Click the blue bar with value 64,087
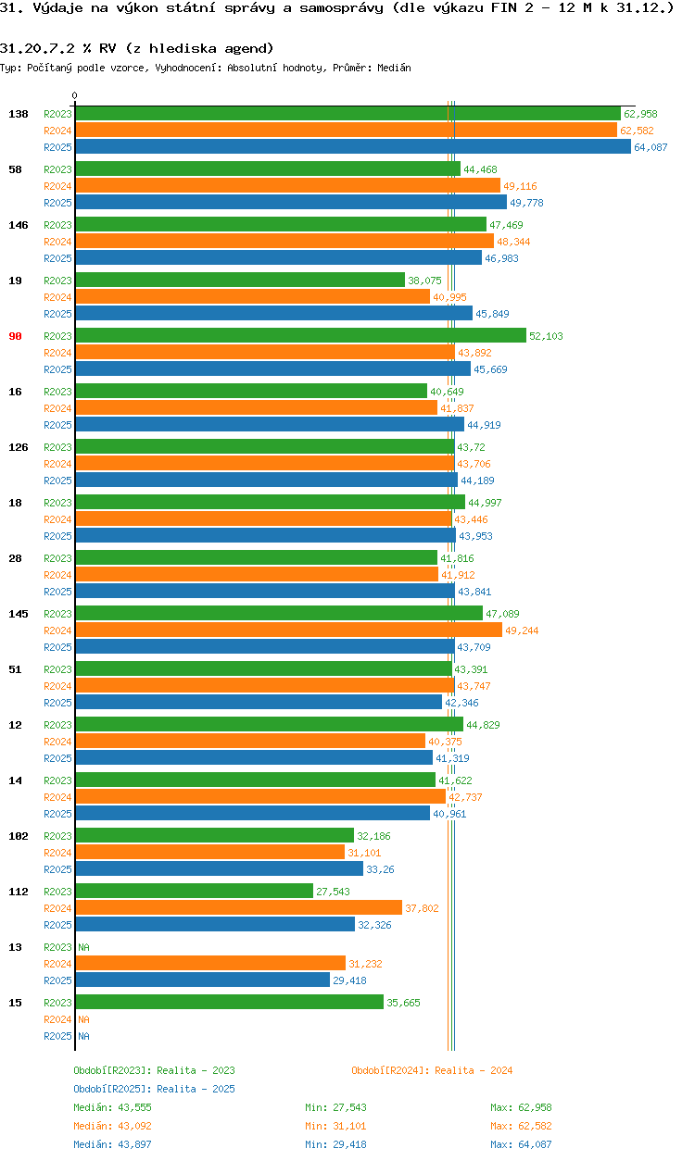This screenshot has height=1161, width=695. (x=352, y=147)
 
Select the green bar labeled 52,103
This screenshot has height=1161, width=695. (x=300, y=336)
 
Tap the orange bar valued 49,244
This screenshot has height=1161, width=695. (x=288, y=630)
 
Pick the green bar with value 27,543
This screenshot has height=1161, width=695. (x=194, y=892)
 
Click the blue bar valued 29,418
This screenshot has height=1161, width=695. (x=202, y=980)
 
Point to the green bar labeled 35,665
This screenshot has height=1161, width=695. (x=229, y=1003)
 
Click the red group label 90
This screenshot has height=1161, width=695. (x=15, y=336)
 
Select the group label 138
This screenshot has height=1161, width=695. (x=18, y=114)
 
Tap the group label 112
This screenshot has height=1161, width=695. (x=18, y=892)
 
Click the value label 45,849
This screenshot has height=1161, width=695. (x=492, y=314)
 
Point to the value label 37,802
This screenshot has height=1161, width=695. (x=422, y=908)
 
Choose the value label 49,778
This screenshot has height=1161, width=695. (x=526, y=203)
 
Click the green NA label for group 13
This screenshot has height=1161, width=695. (x=83, y=947)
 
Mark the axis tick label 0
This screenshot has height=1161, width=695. (x=75, y=95)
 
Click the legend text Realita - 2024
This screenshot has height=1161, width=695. (x=473, y=1070)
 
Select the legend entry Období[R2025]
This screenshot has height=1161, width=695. (x=112, y=1089)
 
